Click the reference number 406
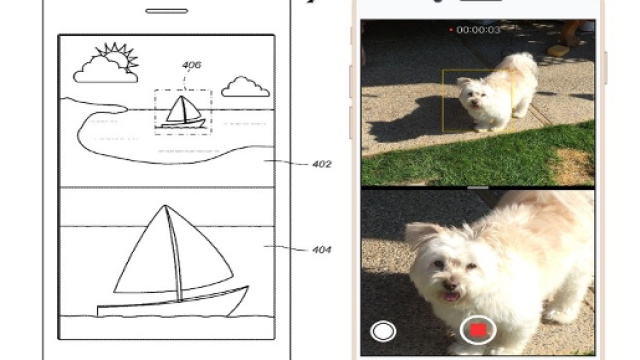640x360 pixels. pyautogui.click(x=191, y=65)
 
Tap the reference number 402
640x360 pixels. pyautogui.click(x=322, y=164)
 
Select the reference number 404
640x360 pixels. pyautogui.click(x=322, y=249)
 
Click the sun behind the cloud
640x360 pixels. pyautogui.click(x=118, y=55)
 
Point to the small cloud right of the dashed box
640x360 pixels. pyautogui.click(x=245, y=87)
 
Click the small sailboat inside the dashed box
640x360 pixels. pyautogui.click(x=184, y=112)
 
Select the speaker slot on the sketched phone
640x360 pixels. pyautogui.click(x=167, y=11)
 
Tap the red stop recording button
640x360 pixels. pyautogui.click(x=478, y=330)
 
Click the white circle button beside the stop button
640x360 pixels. pyautogui.click(x=383, y=331)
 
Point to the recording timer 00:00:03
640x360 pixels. pyautogui.click(x=478, y=30)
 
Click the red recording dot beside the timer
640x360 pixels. pyautogui.click(x=451, y=30)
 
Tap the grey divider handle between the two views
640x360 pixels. pyautogui.click(x=478, y=188)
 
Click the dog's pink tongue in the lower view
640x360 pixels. pyautogui.click(x=451, y=296)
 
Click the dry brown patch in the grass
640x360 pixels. pyautogui.click(x=575, y=165)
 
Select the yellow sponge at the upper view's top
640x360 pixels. pyautogui.click(x=558, y=51)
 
